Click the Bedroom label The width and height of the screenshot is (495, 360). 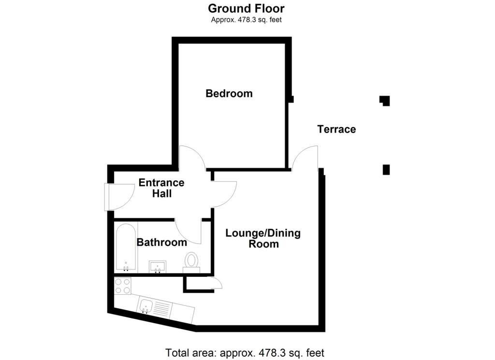(x=229, y=93)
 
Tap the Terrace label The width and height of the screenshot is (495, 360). (x=336, y=129)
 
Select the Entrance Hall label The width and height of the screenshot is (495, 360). (x=161, y=188)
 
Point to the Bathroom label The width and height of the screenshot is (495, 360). (x=161, y=242)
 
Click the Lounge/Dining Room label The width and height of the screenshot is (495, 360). (x=263, y=239)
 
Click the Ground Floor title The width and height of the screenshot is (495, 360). (x=246, y=8)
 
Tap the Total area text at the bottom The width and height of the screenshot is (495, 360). (x=245, y=352)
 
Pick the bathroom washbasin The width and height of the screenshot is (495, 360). (x=158, y=266)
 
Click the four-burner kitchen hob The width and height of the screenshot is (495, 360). (x=122, y=286)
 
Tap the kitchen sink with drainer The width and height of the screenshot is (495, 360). (x=155, y=307)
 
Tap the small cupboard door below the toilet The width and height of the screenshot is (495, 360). (x=216, y=284)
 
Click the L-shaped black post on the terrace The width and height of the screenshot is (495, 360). (x=385, y=101)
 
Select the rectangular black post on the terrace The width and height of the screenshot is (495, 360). (x=386, y=170)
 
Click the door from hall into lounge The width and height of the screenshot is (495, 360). (x=223, y=192)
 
